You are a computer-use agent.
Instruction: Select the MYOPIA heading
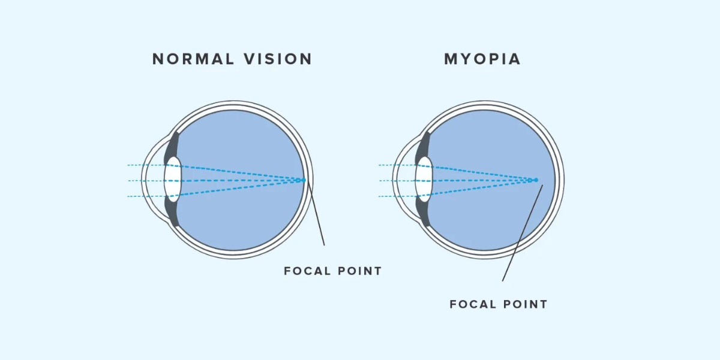[x=482, y=59]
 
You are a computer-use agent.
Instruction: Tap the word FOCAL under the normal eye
[x=308, y=271]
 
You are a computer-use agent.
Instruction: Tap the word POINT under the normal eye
[x=359, y=271]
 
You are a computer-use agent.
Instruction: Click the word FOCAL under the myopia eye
[x=473, y=304]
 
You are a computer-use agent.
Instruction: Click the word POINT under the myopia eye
[x=524, y=304]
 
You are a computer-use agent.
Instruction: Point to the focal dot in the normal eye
[x=304, y=180]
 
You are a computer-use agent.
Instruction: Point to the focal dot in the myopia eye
[x=536, y=180]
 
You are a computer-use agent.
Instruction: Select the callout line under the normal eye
[x=317, y=216]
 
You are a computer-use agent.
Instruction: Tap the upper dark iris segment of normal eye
[x=173, y=145]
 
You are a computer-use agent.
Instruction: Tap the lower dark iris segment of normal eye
[x=173, y=214]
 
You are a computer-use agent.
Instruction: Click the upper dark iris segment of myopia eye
[x=425, y=145]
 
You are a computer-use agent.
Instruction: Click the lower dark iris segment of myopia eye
[x=425, y=214]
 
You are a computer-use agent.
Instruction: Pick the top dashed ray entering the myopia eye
[x=396, y=165]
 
